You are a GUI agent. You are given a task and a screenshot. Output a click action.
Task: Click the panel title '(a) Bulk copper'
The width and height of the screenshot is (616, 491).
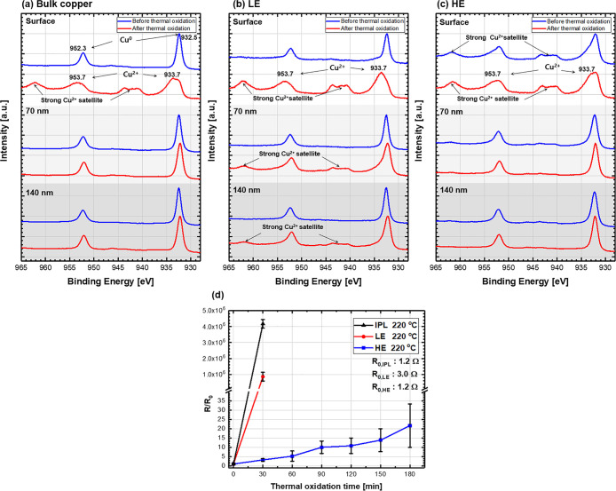click(x=38, y=6)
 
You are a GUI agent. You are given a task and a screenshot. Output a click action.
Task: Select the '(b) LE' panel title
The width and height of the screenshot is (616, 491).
click(x=224, y=6)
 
